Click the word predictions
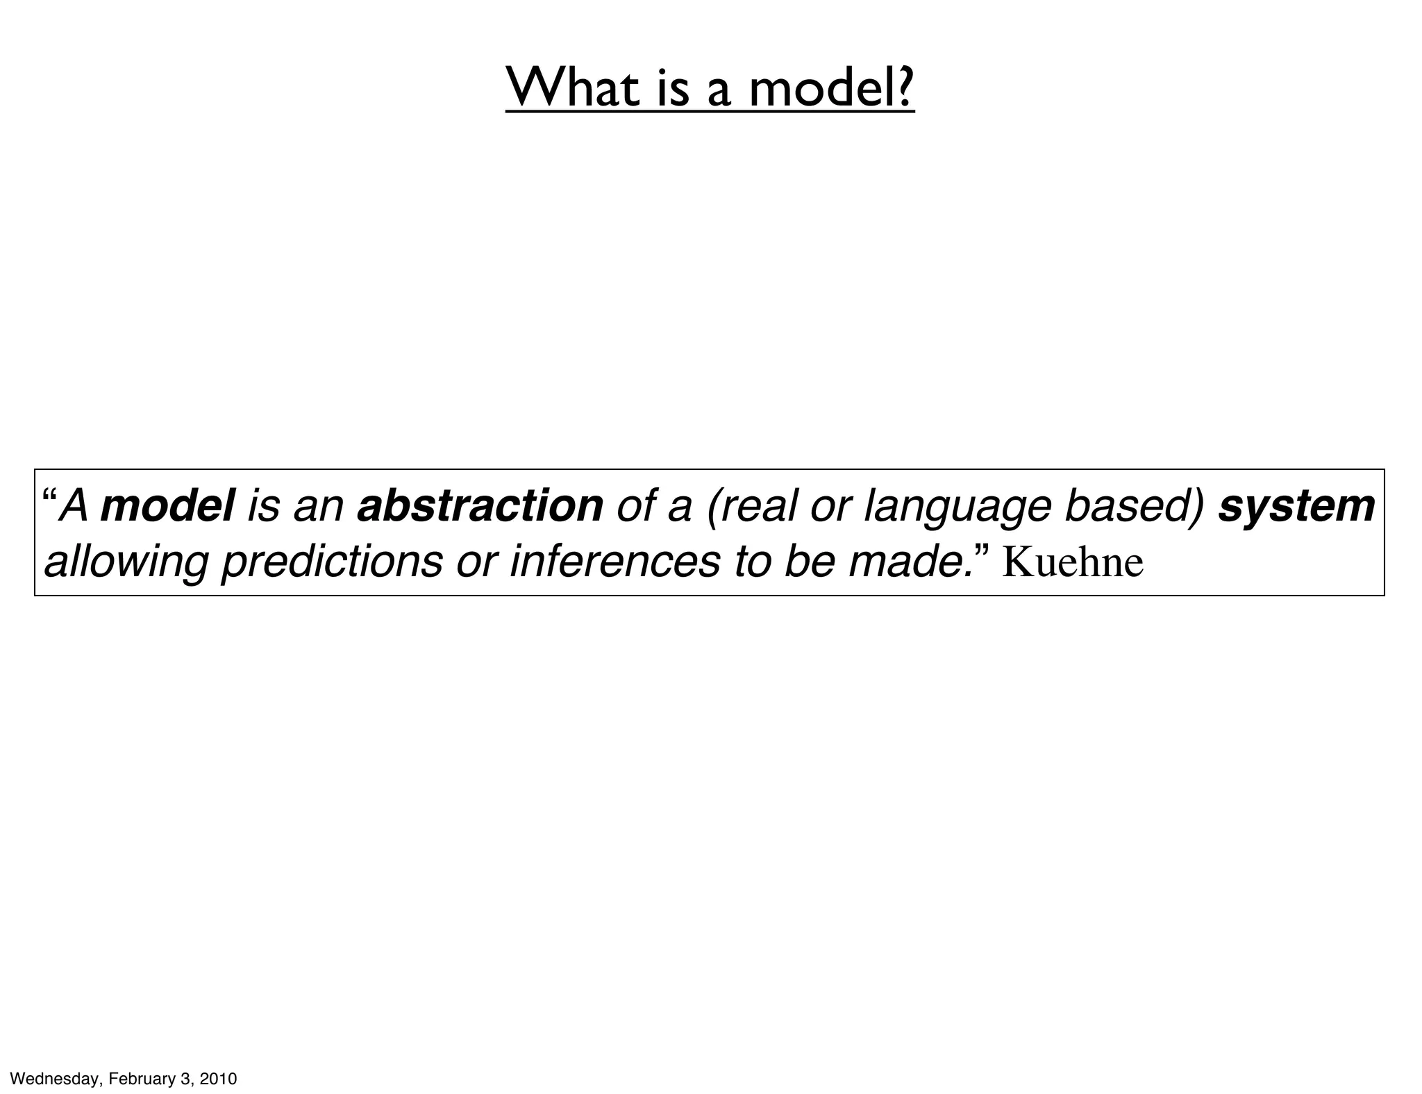coord(332,562)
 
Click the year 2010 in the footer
coord(218,1079)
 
